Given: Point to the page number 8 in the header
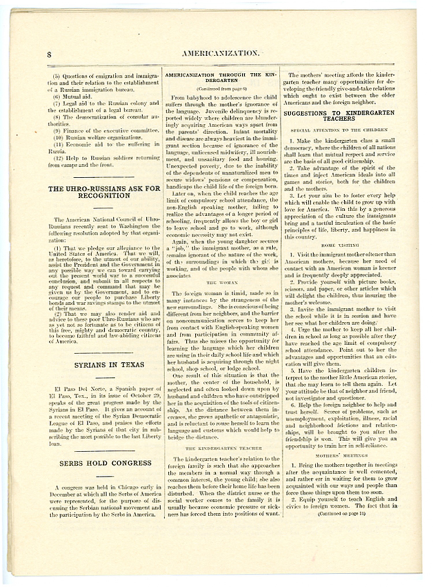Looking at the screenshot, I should click(x=49, y=55).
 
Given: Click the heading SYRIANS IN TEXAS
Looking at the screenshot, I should click(x=109, y=365).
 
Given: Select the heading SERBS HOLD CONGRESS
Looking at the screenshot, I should click(x=105, y=463).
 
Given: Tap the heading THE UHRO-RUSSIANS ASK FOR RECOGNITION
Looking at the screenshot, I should click(x=104, y=192).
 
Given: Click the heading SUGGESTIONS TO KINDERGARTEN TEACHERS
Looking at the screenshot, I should click(x=339, y=116).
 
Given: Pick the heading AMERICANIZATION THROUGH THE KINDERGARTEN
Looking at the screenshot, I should click(x=221, y=77).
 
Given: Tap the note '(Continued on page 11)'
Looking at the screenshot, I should click(x=341, y=514).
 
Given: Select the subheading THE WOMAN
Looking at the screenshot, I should click(x=222, y=282).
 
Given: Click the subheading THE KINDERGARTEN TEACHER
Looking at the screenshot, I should click(x=223, y=448).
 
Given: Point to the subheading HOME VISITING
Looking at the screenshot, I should click(x=340, y=245).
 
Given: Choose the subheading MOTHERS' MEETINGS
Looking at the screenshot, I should click(x=341, y=456).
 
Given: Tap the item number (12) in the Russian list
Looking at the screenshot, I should click(x=58, y=158).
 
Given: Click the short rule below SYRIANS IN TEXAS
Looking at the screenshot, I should click(x=105, y=377).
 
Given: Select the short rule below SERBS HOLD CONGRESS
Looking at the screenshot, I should click(x=105, y=476).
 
